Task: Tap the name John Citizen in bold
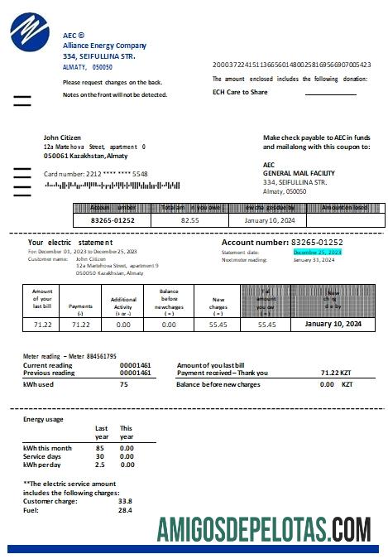[x=67, y=137]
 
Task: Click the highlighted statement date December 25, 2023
[x=317, y=251]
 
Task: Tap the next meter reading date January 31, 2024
[x=314, y=259]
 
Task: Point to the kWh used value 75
[x=123, y=384]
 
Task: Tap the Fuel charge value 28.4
[x=124, y=510]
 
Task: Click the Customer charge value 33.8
[x=125, y=501]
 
